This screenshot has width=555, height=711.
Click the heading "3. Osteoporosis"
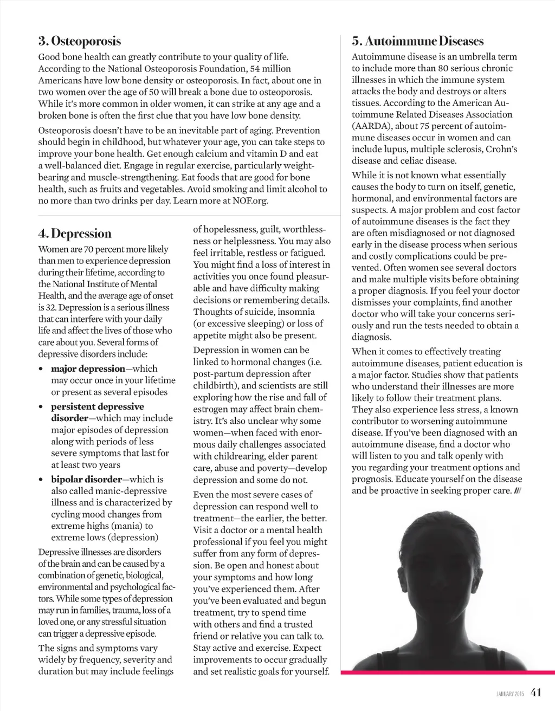coord(79,41)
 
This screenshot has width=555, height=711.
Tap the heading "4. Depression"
coord(75,234)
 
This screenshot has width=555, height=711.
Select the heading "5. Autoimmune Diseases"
coord(417,41)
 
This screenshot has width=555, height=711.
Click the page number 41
coord(536,692)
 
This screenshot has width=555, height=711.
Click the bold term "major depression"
coord(88,369)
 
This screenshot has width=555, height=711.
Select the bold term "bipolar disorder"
coord(86,479)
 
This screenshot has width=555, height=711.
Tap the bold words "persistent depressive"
coord(98,406)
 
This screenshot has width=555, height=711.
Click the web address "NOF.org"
coord(251,201)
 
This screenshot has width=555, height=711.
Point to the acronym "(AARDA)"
coord(370,126)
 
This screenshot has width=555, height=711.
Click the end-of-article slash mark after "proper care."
coord(518,491)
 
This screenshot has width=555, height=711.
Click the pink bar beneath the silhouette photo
coord(448,673)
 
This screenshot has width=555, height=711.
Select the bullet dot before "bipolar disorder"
coord(41,480)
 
